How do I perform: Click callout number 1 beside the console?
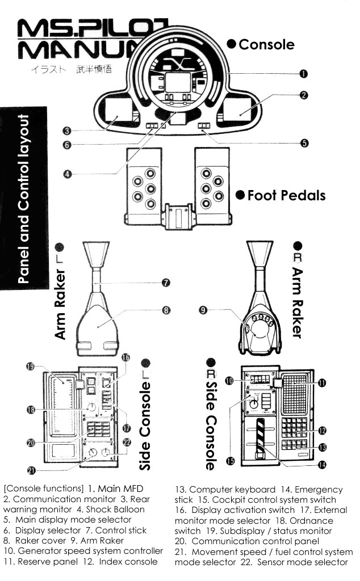pyautogui.click(x=304, y=74)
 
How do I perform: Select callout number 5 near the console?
pyautogui.click(x=304, y=143)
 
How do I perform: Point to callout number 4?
pyautogui.click(x=67, y=174)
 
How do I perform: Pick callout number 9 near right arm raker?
pyautogui.click(x=202, y=310)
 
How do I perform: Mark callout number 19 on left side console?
pyautogui.click(x=31, y=366)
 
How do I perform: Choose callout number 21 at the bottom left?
pyautogui.click(x=31, y=469)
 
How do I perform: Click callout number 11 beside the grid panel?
pyautogui.click(x=321, y=383)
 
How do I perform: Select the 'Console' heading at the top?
pyautogui.click(x=266, y=44)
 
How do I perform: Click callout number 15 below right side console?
pyautogui.click(x=231, y=461)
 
